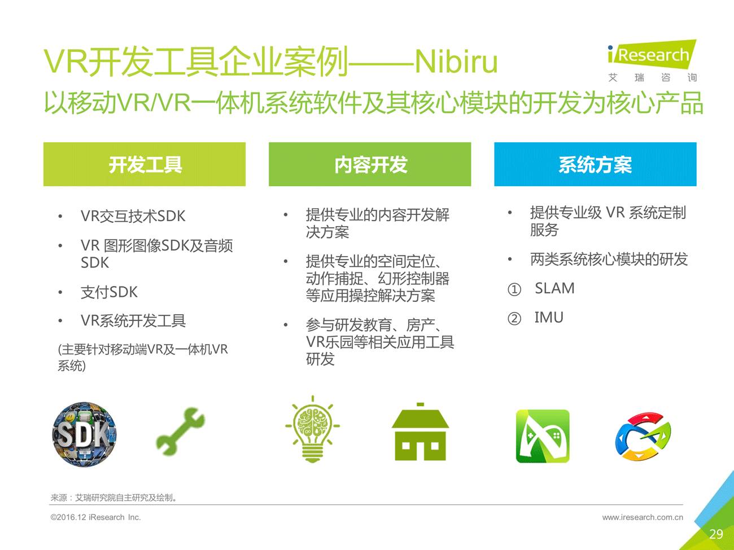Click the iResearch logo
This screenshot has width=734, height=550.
coord(652,61)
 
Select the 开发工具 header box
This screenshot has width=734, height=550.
coord(145,164)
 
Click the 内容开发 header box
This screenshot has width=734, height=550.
coord(370,164)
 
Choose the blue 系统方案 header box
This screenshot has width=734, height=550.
coord(595,164)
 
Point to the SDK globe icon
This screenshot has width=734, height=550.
coord(85,434)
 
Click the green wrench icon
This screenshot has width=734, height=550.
coord(181,431)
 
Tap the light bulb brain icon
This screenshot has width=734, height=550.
coord(312,429)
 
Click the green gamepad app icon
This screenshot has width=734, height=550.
coord(543,436)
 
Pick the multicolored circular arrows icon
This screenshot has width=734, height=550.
coord(643,436)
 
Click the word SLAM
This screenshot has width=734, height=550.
coord(555,288)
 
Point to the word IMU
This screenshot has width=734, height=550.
coord(549,317)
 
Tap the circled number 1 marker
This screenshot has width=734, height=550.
coord(514,289)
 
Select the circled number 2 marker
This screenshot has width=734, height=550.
coord(514,319)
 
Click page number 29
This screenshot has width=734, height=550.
coord(716,534)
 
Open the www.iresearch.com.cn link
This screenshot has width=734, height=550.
coord(643,517)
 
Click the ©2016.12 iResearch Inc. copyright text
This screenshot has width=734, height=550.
coord(95,517)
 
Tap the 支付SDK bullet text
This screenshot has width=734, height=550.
coord(109,292)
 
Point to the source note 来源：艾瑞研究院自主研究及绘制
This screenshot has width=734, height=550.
coord(113,498)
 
